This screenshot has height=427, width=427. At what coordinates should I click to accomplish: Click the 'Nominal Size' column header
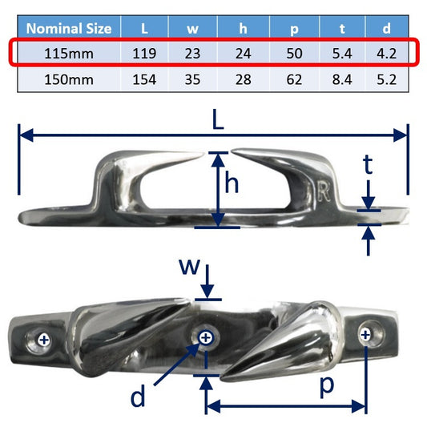pos(69,28)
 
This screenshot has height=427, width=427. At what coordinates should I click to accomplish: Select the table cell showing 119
pos(144,54)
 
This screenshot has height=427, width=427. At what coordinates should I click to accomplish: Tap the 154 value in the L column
pos(144,80)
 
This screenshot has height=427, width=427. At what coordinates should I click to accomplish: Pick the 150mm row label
pos(69,80)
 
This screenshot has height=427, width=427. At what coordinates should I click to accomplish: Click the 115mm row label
pos(69,54)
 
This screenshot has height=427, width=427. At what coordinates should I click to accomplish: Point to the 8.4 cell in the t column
pos(342,80)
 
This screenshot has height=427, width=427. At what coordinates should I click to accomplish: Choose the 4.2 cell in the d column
pos(386,54)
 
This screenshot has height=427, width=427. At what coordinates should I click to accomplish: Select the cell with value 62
pos(294,80)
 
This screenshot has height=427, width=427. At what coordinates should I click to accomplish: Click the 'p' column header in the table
pos(294,29)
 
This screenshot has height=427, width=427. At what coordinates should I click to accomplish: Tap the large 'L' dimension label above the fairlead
pos(218,119)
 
